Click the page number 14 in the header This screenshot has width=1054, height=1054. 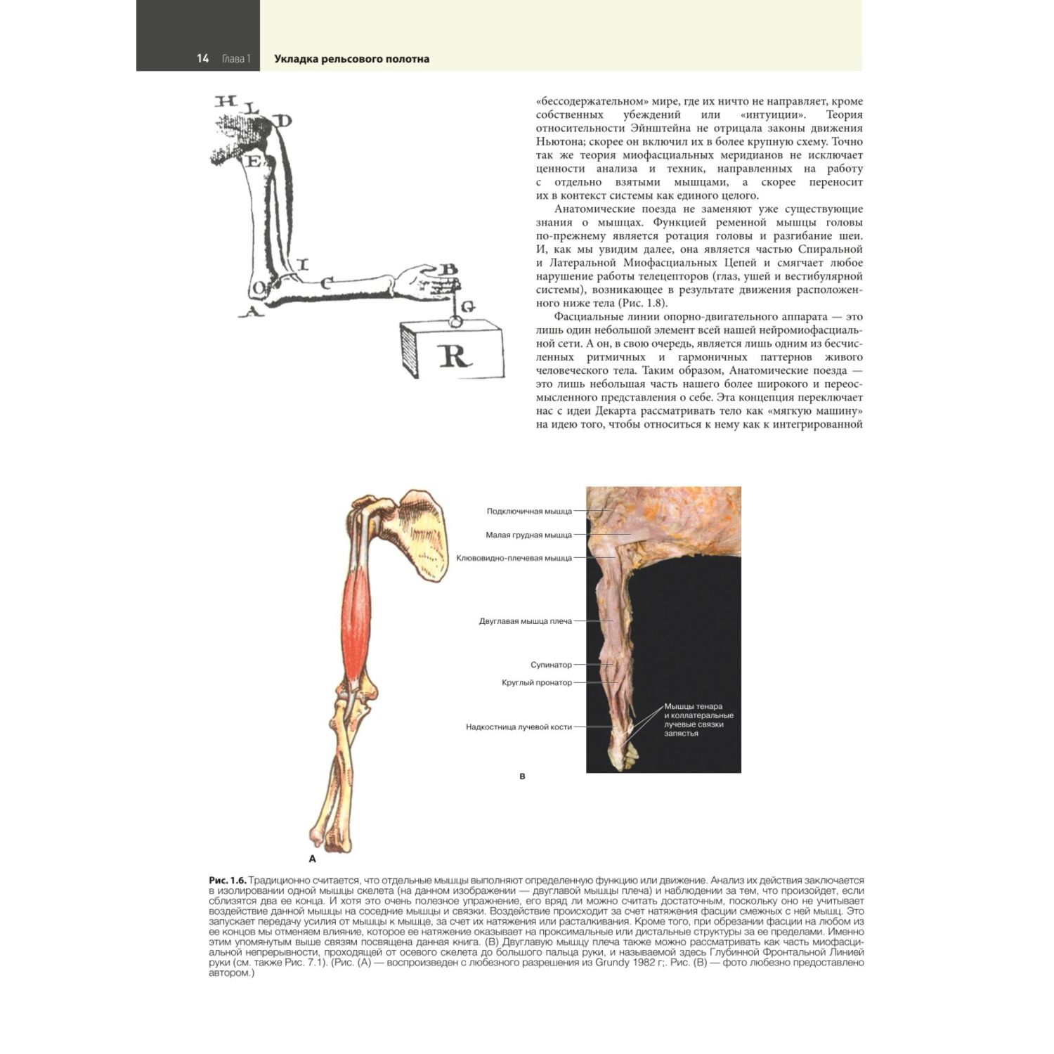pos(202,59)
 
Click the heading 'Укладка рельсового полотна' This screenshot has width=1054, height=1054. pos(351,59)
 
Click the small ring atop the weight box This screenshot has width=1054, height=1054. pos(454,321)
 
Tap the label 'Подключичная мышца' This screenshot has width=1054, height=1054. pos(529,512)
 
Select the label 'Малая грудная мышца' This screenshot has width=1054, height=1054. pos(528,535)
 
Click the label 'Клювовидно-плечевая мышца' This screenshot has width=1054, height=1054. pos(514,558)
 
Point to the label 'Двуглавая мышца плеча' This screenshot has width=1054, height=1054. pos(525,621)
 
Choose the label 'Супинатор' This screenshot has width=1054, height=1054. pos(551,665)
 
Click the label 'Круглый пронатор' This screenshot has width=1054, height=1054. pos(537,682)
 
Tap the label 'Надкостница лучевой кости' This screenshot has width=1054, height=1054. pos(519,727)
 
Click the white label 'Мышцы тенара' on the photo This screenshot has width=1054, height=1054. pos(693,707)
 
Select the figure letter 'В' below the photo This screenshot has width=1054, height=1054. pos(522,776)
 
